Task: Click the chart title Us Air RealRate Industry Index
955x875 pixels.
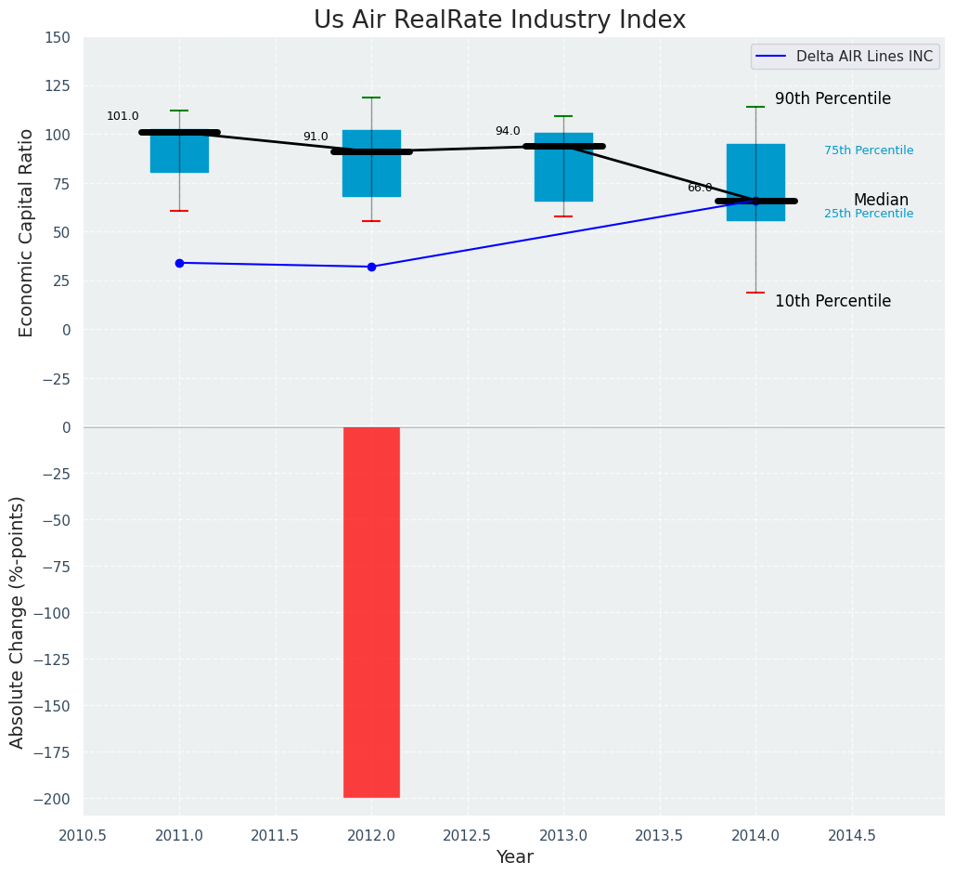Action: [499, 20]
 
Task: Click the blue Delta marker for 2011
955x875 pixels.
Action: [179, 263]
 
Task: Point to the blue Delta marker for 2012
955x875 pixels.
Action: [371, 267]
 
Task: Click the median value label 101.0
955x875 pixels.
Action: [123, 117]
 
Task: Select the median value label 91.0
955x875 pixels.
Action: [316, 137]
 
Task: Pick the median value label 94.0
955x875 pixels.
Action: [508, 132]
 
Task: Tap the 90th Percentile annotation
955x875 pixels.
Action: [832, 99]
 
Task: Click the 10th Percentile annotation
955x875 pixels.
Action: [832, 302]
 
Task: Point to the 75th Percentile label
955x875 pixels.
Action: [869, 151]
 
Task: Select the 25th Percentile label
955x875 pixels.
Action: [869, 215]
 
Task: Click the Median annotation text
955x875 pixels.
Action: [881, 201]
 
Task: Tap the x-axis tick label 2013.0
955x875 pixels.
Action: [563, 835]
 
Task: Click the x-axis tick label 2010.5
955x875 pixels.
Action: [84, 835]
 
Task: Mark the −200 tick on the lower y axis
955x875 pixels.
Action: [52, 799]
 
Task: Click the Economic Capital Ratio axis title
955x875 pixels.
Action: [27, 232]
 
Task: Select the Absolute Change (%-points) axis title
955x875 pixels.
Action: [18, 621]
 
